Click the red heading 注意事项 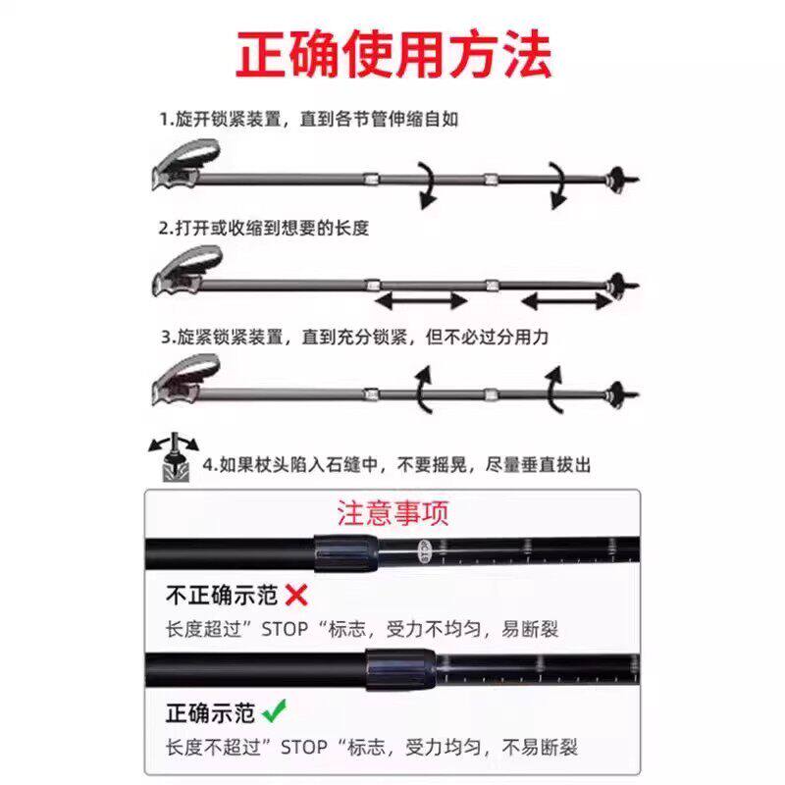[392, 513]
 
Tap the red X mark [296, 594]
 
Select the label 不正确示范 [221, 595]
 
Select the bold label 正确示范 [209, 709]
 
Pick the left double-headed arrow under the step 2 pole [423, 298]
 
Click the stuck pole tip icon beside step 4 [173, 458]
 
